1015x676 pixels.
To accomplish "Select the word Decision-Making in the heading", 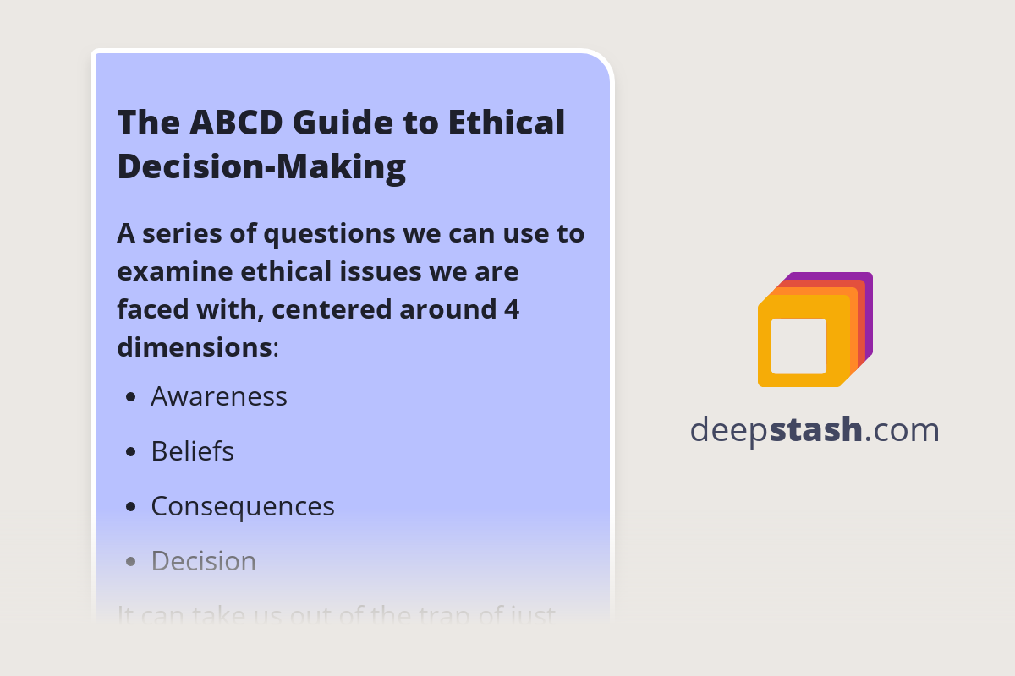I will click(x=261, y=166).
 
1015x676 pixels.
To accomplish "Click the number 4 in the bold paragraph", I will click(x=511, y=309).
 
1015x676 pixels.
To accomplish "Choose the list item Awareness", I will click(x=219, y=396).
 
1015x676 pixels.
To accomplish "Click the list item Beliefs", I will click(x=192, y=451).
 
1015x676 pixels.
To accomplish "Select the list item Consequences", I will click(x=243, y=506).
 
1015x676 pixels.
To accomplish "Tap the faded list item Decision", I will click(x=203, y=561).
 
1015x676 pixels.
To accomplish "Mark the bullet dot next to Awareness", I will click(x=130, y=397).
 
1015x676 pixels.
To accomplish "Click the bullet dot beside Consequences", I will click(x=130, y=507).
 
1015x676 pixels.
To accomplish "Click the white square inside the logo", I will click(x=798, y=346).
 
